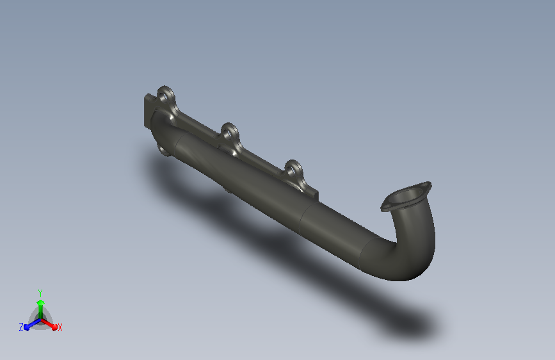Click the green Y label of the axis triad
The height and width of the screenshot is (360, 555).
point(40,293)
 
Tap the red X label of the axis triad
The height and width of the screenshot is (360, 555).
point(60,328)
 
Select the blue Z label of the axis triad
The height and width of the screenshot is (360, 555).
point(21,327)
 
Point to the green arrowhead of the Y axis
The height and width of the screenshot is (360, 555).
point(41,302)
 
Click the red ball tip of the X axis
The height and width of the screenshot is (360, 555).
point(54,327)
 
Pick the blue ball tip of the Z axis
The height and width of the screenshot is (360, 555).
point(26,327)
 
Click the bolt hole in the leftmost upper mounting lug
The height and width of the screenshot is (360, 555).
point(163,96)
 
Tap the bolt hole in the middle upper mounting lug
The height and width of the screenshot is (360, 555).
point(227,134)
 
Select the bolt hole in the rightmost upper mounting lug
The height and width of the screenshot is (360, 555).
point(291,171)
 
